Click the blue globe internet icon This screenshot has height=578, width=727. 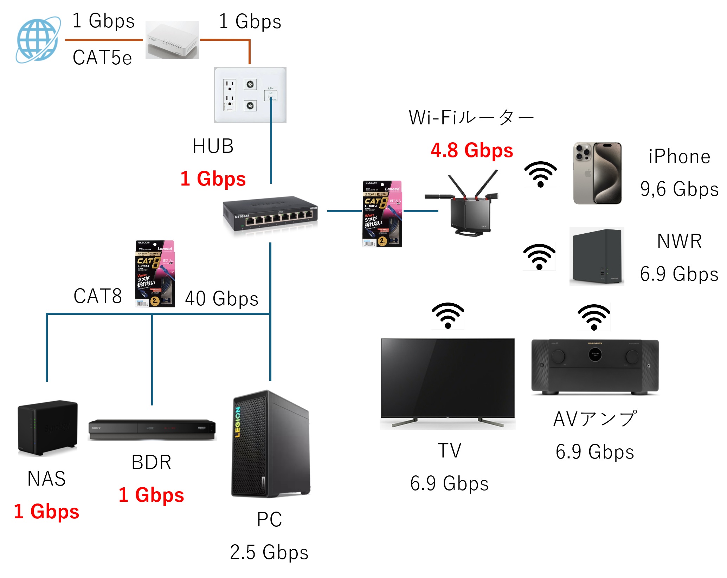pos(38,40)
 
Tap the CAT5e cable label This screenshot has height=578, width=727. pos(102,58)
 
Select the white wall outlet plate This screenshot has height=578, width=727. pos(250,95)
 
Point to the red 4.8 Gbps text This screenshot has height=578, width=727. pos(472,150)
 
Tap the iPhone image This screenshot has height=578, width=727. pos(597,173)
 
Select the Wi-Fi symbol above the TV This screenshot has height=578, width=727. pos(448,315)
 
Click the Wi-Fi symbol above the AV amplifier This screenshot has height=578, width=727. pos(594,317)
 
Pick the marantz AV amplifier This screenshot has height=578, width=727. pos(595,367)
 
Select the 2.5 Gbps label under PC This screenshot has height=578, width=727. pos(269,552)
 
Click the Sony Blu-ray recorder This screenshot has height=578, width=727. pos(152,429)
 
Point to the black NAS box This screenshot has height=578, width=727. pos(47,428)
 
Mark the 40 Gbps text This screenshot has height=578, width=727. pos(221,299)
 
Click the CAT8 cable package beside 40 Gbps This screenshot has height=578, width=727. pos(155,273)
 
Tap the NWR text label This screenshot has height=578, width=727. pos(679,241)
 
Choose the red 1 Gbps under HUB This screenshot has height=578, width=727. pos(213,179)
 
